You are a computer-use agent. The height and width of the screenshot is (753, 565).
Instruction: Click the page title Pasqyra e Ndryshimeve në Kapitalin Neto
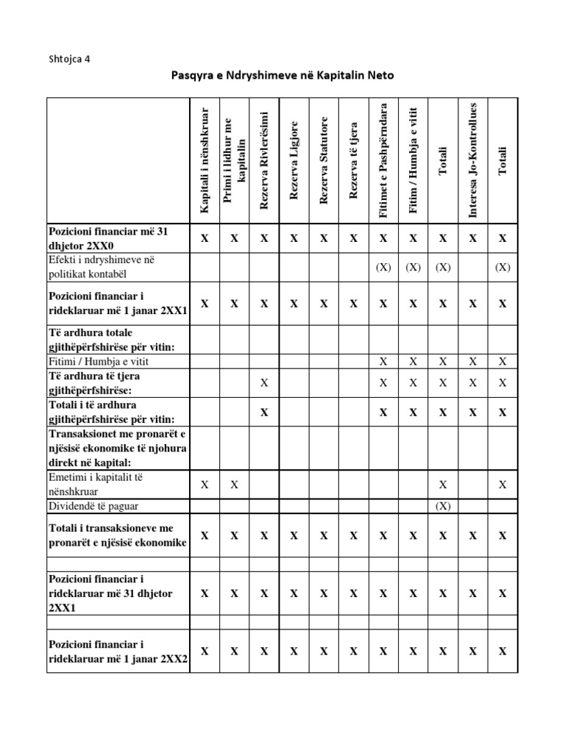pos(282,75)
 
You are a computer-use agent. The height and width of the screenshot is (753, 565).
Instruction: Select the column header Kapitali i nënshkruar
pos(205,160)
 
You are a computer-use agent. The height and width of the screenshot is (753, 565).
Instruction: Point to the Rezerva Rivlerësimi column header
pos(264,160)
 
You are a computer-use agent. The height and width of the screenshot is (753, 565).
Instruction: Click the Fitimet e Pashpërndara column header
pos(383,160)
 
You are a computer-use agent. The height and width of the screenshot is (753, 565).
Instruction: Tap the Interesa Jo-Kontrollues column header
pos(473,160)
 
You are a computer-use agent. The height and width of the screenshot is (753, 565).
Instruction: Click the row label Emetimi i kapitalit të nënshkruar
pos(96,485)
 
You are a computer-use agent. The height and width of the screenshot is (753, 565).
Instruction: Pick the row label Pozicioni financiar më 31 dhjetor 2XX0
pos(109,238)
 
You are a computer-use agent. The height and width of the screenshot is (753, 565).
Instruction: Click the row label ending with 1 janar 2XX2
pos(118,652)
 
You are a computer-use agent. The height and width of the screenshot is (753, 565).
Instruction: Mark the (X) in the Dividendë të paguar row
pos(443,507)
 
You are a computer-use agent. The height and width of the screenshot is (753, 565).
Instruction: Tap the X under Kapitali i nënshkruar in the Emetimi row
pos(205,485)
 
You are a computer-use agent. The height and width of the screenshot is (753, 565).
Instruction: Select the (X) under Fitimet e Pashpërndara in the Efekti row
pos(383,268)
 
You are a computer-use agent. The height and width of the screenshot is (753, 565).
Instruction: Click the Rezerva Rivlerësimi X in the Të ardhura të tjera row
pos(264,383)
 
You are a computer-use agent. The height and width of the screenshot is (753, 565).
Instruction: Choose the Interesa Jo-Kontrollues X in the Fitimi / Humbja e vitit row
pos(473,361)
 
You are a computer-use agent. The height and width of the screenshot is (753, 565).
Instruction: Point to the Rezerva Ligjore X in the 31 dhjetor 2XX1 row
pos(294,593)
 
